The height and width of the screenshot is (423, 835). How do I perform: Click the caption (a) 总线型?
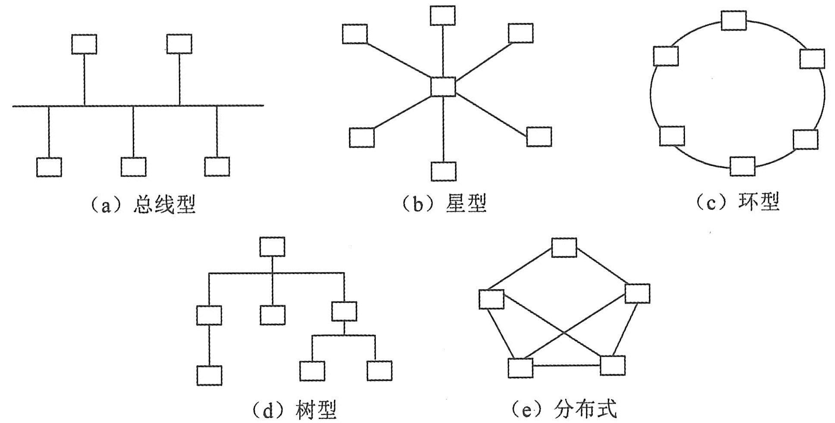[142, 204]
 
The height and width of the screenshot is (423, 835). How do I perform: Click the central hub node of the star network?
[443, 87]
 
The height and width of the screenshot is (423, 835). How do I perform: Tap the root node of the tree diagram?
[272, 247]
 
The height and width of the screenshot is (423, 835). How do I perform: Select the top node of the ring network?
[734, 21]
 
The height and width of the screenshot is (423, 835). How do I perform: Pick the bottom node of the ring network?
[742, 166]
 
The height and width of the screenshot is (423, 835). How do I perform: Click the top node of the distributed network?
[564, 248]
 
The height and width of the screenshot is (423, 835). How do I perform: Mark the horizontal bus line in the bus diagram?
[138, 106]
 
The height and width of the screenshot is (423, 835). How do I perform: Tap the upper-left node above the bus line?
[84, 44]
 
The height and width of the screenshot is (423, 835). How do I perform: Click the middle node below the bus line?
[134, 167]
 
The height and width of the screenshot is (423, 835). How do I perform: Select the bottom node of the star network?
[444, 171]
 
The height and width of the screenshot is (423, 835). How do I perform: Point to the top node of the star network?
[443, 16]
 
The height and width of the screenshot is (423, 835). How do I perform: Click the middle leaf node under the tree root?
[272, 315]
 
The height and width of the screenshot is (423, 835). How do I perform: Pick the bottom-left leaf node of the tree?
[210, 375]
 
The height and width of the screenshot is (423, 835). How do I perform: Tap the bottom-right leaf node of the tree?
[379, 371]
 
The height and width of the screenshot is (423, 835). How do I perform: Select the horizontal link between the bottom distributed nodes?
[566, 366]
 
